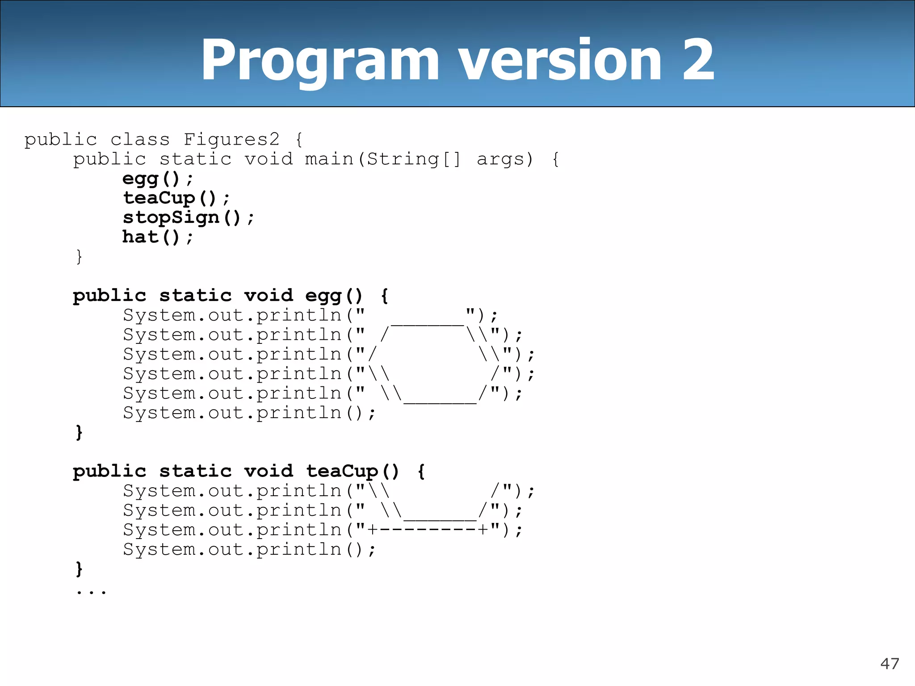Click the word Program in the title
point(320,61)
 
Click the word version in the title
point(560,60)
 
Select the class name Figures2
point(231,139)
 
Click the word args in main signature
point(500,159)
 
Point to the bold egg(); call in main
point(158,179)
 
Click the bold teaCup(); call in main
point(176,198)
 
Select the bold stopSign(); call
point(188,218)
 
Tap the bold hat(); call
point(158,237)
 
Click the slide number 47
point(889,664)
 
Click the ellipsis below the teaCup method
point(91,592)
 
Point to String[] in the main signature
point(414,159)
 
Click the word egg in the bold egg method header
point(323,296)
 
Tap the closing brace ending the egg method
point(79,432)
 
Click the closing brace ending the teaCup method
point(79,569)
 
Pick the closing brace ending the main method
point(79,257)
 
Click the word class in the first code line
point(140,139)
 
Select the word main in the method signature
point(329,159)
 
